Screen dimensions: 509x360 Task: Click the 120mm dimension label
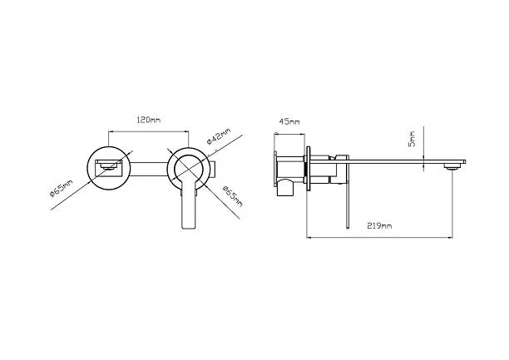pos(148,120)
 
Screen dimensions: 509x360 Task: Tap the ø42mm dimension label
pos(219,136)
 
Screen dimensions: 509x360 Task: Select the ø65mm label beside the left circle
pos(62,188)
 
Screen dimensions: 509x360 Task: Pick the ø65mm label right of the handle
pos(232,196)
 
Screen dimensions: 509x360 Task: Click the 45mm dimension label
pos(289,121)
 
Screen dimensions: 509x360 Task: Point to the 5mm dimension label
pos(412,139)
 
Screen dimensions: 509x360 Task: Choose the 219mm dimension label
pos(379,225)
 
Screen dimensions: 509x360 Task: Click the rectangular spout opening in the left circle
pos(109,168)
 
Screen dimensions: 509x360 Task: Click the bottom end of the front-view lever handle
pos(188,228)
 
